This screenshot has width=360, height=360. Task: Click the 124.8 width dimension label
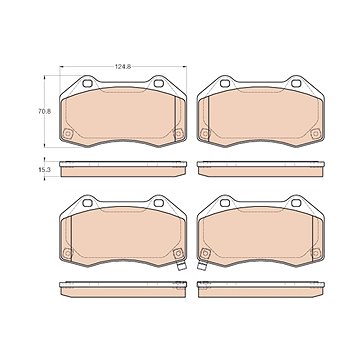click(123, 67)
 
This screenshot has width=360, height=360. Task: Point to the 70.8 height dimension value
click(44, 112)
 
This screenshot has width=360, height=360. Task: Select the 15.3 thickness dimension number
click(44, 169)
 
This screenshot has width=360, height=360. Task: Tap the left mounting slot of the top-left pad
click(87, 83)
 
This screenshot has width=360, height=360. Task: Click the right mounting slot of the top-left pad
click(159, 83)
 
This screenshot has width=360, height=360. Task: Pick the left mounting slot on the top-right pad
click(225, 83)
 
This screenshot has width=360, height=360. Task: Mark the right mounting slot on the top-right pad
click(296, 83)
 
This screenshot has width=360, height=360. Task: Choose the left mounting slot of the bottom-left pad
click(87, 203)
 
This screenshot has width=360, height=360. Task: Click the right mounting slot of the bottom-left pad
click(159, 203)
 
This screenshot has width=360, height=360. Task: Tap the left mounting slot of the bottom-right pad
click(225, 203)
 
